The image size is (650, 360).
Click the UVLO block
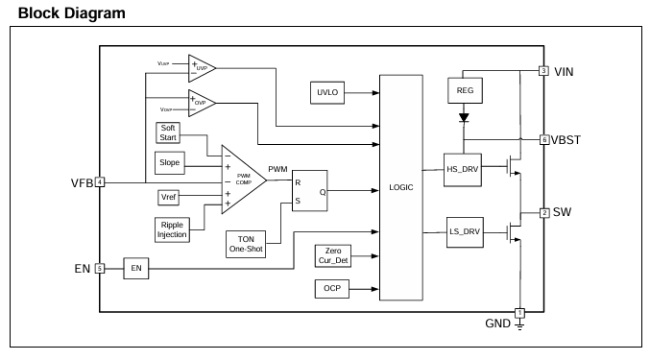pos(327,92)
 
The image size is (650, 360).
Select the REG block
pos(465,90)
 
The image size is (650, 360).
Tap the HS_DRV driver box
pos(462,170)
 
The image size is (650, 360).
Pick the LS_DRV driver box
pos(465,232)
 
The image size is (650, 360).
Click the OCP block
pos(332,288)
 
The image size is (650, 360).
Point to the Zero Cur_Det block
pos(333,255)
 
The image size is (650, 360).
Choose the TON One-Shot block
pos(246,244)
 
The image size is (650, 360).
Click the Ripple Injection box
pos(172,229)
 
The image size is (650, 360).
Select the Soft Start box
pos(168,132)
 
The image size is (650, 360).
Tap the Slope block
pos(170,163)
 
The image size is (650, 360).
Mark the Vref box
pos(168,197)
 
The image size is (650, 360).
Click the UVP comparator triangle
pos(202,68)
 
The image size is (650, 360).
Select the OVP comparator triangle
pos(202,103)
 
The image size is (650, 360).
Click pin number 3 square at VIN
pos(543,71)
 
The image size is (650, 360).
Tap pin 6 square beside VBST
pos(543,139)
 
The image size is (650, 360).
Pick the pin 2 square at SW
pos(544,213)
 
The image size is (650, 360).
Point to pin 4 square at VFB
pos(100,181)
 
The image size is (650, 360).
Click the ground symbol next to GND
pos(519,324)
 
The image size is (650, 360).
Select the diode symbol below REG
pos(464,118)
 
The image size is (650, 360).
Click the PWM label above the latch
pos(277,169)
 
